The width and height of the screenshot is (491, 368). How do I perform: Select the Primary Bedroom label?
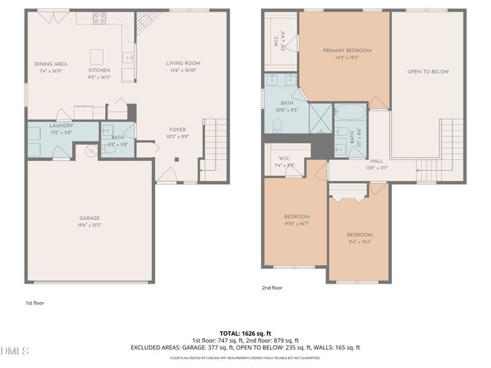pyautogui.click(x=341, y=51)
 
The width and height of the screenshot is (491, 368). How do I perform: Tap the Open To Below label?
pyautogui.click(x=428, y=71)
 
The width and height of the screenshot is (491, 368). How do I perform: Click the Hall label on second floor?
pyautogui.click(x=377, y=161)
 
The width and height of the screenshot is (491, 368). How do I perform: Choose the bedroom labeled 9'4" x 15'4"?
pyautogui.click(x=359, y=235)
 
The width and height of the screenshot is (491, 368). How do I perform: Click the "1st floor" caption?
pyautogui.click(x=35, y=304)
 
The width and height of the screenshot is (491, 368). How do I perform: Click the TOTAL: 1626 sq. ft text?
pyautogui.click(x=245, y=333)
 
